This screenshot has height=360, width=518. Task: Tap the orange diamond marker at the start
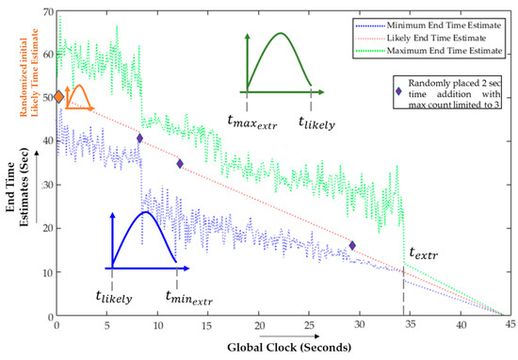coord(58,97)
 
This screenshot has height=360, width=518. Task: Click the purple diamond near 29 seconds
coord(352,246)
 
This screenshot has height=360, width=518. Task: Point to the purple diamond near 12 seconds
coord(180,164)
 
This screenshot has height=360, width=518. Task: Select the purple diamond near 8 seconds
coord(139,139)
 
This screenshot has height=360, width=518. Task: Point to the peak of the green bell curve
coord(280,35)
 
